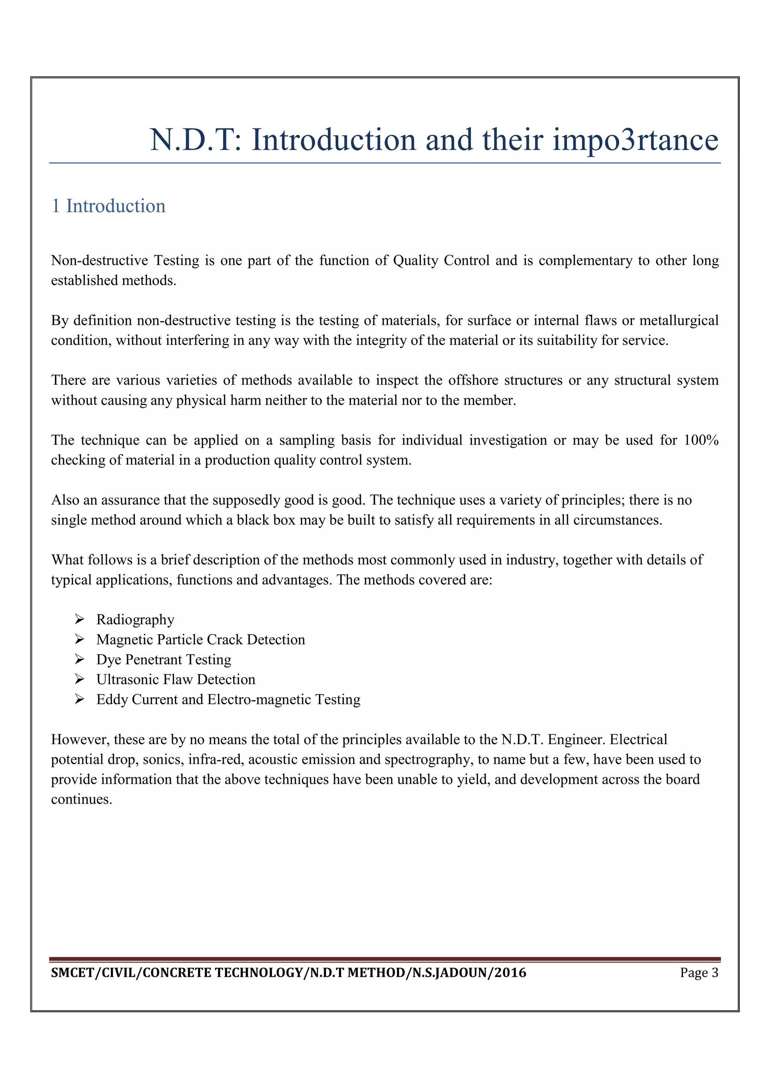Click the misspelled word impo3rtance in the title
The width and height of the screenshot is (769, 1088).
635,140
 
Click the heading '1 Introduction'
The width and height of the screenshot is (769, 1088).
109,206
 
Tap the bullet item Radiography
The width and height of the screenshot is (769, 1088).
135,620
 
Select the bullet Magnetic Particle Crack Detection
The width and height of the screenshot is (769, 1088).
201,640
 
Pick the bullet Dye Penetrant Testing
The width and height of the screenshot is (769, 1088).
163,660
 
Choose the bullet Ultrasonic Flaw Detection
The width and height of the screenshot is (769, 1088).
176,680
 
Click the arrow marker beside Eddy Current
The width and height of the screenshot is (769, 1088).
79,699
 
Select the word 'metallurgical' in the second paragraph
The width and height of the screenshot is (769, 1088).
679,321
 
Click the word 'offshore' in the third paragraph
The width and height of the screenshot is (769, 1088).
472,381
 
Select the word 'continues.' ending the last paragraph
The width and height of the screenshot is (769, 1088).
81,799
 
